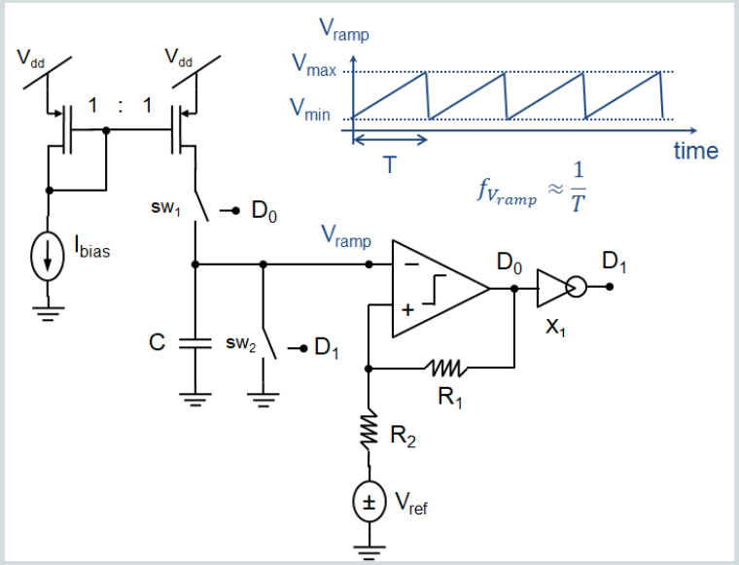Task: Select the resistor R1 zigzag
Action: click(x=446, y=368)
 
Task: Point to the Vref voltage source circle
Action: click(x=369, y=503)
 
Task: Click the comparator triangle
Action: click(x=438, y=288)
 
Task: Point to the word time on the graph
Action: click(x=695, y=151)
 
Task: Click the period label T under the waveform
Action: click(x=389, y=165)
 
